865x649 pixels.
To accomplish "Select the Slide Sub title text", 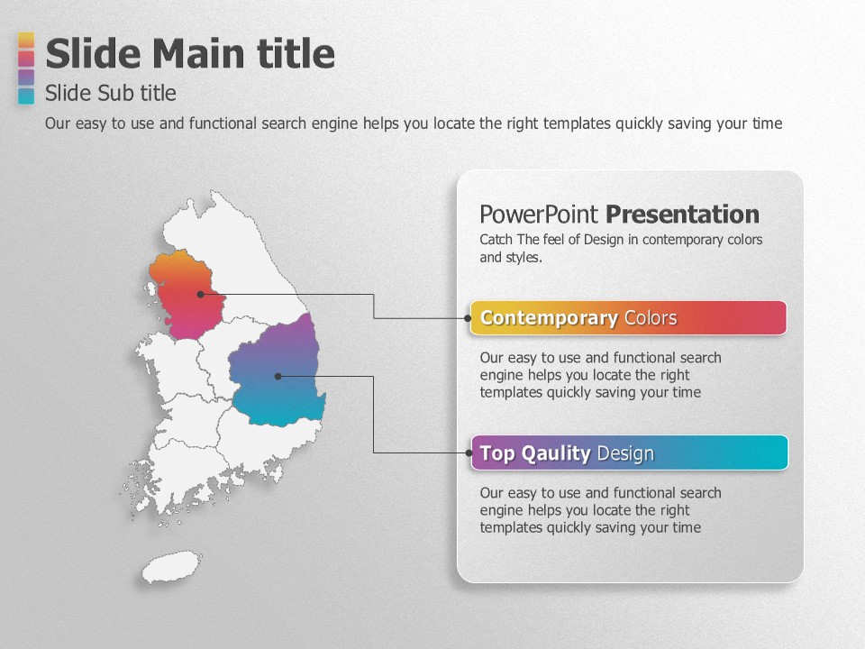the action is (x=110, y=93).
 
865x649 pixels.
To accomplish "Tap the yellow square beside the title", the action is (x=26, y=41).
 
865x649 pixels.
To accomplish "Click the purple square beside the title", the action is (x=26, y=77).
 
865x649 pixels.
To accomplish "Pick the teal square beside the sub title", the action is (x=26, y=96).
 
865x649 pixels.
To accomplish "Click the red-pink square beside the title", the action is (x=26, y=59).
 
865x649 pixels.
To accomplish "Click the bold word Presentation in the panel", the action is (x=682, y=215).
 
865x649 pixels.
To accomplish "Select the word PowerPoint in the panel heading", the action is (x=539, y=215).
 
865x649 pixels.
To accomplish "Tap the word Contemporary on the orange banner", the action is (x=549, y=318).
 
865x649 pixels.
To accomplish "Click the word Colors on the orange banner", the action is (x=651, y=318).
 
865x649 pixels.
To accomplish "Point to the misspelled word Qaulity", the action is (x=556, y=453).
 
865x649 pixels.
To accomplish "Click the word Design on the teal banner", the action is (x=625, y=453).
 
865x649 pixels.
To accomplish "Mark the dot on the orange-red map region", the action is (x=201, y=294).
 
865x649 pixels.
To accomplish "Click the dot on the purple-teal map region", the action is (x=278, y=377).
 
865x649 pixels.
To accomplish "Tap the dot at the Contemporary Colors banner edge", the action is (x=468, y=318).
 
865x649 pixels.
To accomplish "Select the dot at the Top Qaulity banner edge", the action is (x=469, y=453).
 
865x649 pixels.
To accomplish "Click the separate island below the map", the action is (x=171, y=566).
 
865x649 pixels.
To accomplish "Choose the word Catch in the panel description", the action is (x=496, y=240).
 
